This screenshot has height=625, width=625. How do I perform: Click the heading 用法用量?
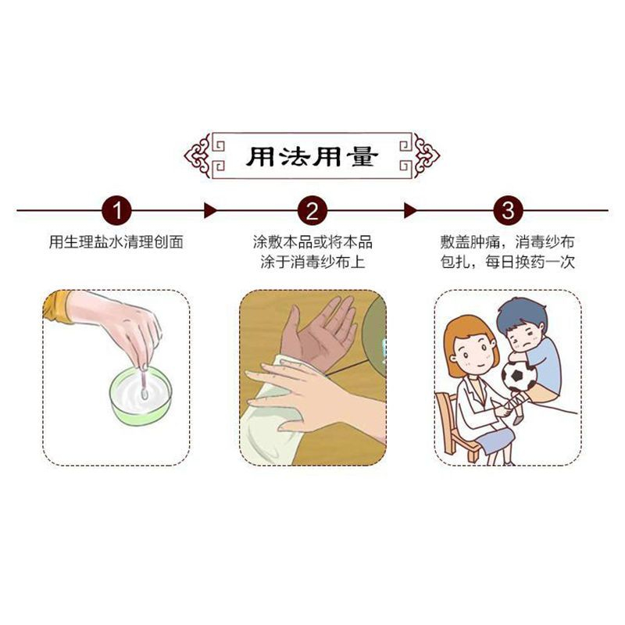[312, 156]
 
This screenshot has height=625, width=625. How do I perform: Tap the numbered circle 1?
[116, 210]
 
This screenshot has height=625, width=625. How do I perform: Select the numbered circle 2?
[312, 210]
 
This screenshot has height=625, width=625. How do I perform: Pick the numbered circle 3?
[508, 210]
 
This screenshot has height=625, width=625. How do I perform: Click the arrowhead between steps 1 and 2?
[210, 210]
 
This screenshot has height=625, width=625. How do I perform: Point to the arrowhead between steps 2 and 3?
[410, 210]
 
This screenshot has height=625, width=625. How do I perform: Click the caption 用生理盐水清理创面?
[116, 242]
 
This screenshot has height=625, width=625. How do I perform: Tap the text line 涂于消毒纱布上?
[312, 262]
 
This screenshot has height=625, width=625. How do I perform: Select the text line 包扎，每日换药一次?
[507, 262]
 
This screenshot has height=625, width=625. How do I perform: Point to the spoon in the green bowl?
[144, 383]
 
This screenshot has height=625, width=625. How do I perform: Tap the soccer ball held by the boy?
[518, 376]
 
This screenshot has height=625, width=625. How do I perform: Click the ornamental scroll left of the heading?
[198, 155]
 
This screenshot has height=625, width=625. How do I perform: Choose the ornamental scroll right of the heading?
[427, 155]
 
